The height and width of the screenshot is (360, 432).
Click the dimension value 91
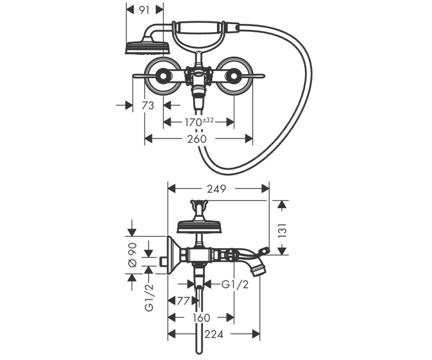[144, 10]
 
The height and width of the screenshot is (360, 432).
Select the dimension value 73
[148, 105]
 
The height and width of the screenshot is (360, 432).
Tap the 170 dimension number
[193, 122]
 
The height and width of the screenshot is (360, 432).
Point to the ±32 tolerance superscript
[207, 120]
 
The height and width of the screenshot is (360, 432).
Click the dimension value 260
[197, 139]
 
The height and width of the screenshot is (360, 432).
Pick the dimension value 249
[217, 189]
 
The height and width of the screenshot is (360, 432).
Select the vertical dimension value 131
[282, 230]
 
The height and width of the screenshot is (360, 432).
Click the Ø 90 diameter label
[132, 255]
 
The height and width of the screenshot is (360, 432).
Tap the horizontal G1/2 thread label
[235, 285]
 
